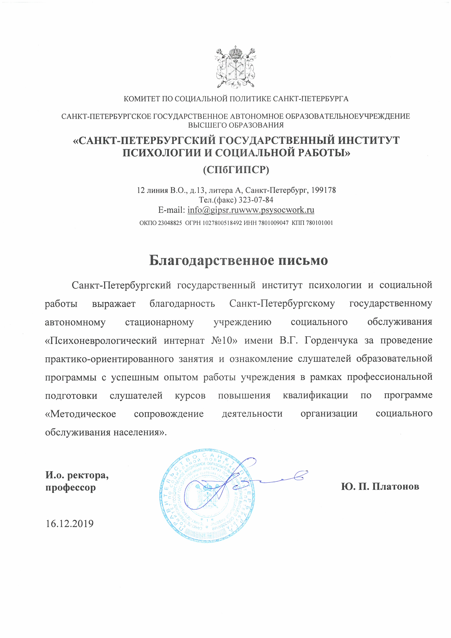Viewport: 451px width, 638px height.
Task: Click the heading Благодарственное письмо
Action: (x=238, y=260)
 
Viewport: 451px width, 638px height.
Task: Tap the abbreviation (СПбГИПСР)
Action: (x=236, y=169)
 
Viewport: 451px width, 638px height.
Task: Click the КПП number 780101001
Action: (x=319, y=223)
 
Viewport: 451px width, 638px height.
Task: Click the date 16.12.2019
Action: (x=70, y=524)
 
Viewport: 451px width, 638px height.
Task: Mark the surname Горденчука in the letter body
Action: (x=331, y=340)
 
